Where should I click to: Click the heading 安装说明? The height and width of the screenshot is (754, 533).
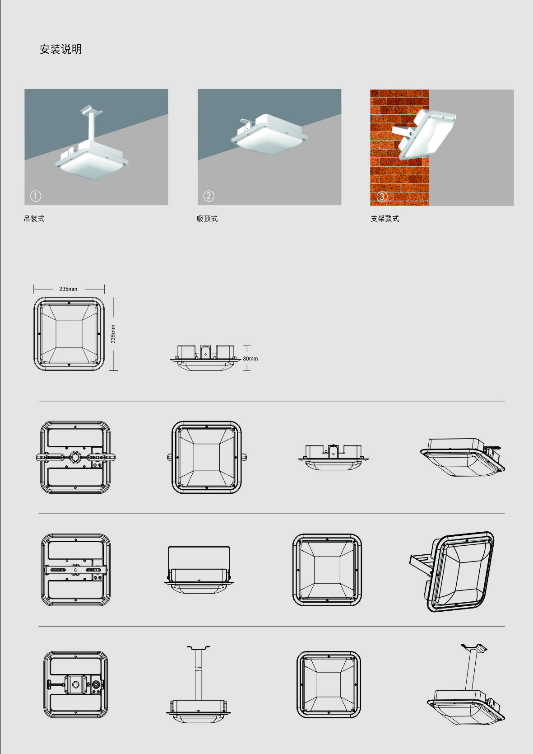click(x=60, y=49)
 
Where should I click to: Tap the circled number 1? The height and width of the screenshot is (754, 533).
click(x=36, y=196)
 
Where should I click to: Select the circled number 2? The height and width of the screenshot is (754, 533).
click(x=209, y=196)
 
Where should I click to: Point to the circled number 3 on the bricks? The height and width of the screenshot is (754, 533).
click(x=382, y=197)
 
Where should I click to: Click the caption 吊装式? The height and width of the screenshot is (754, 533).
click(x=34, y=219)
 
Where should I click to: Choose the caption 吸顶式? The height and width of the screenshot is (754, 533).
click(x=207, y=219)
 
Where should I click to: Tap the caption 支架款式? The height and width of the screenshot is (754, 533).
click(x=385, y=219)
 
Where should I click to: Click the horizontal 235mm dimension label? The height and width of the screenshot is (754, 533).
click(x=68, y=289)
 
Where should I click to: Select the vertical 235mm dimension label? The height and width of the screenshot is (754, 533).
click(x=113, y=334)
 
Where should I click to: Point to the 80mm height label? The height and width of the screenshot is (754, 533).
click(x=250, y=359)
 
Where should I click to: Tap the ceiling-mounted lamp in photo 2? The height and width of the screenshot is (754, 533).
click(x=269, y=134)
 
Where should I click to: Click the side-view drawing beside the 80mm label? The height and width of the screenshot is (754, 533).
click(x=205, y=358)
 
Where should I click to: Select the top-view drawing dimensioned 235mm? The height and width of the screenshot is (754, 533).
click(x=69, y=334)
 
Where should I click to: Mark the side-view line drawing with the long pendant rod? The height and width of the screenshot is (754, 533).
click(x=199, y=685)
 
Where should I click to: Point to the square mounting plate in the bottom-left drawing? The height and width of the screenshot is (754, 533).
click(x=76, y=684)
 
